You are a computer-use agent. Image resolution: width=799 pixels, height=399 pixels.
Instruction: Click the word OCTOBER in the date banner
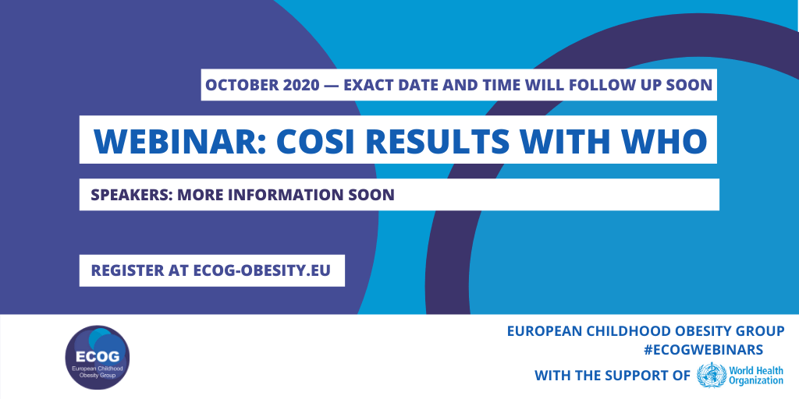pos(237,85)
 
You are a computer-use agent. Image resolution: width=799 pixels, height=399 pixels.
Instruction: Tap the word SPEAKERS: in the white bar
pos(131,195)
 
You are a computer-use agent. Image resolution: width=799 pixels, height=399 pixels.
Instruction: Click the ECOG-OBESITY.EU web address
pos(262,270)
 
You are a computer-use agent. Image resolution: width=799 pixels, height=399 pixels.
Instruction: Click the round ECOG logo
pos(98,357)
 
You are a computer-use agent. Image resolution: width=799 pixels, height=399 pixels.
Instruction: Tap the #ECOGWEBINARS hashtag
pos(703,350)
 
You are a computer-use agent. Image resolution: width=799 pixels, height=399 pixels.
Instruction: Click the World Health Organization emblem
pos(712,375)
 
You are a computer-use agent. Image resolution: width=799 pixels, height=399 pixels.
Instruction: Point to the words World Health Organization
pos(756,375)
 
